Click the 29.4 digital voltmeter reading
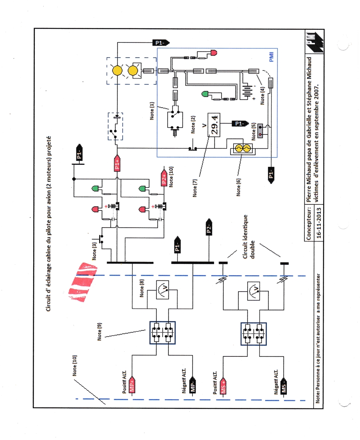tap(215, 122)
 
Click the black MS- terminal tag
tap(284, 387)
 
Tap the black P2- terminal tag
tap(208, 227)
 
